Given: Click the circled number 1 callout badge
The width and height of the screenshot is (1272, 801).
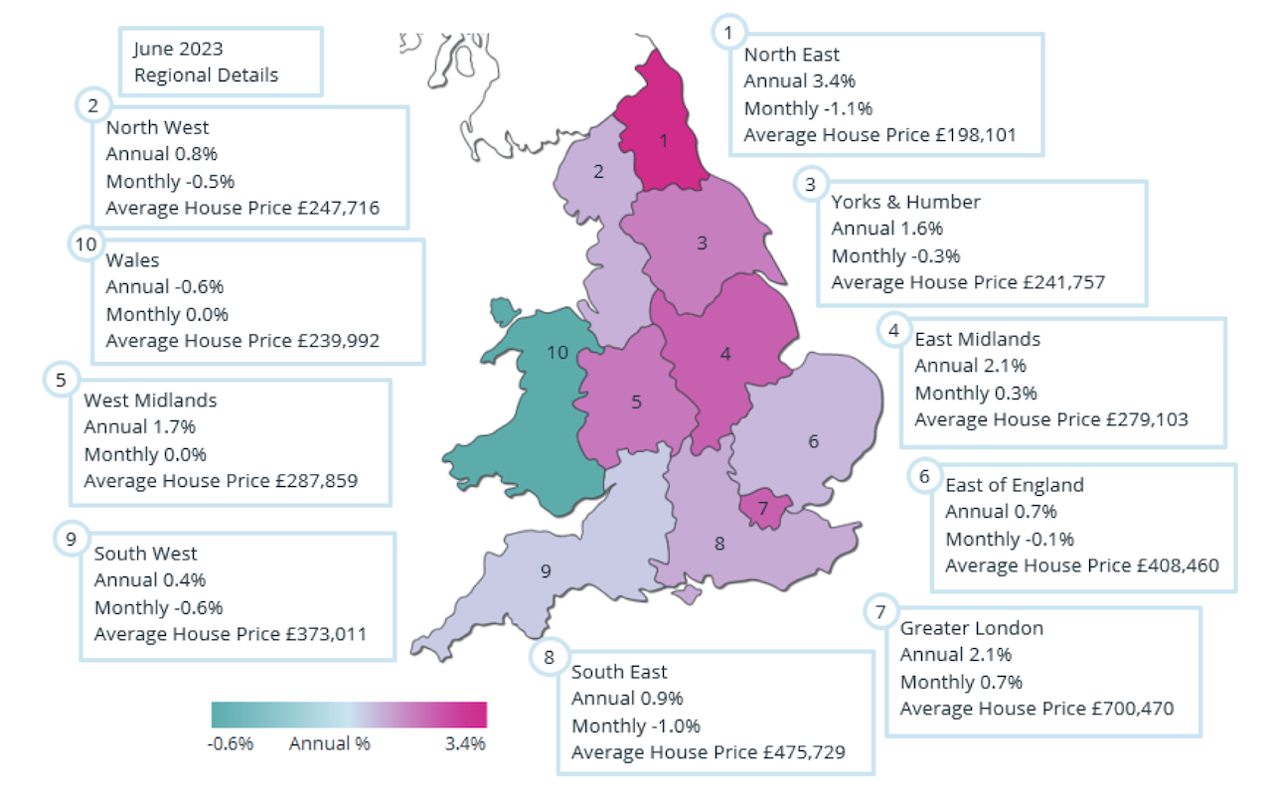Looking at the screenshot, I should click(x=728, y=33).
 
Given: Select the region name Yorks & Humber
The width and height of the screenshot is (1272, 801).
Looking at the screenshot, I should click(x=905, y=202).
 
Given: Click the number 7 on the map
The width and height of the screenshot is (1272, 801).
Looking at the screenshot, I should click(x=762, y=509).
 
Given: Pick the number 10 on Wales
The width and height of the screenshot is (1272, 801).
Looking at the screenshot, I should click(x=557, y=352).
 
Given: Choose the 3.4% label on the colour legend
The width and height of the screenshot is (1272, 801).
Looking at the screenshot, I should click(x=465, y=743).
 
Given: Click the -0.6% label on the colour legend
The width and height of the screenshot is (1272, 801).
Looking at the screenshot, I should click(x=232, y=743).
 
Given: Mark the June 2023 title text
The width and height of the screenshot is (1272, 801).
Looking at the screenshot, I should click(x=179, y=49).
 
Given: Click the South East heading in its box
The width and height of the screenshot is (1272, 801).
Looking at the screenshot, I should click(x=619, y=672).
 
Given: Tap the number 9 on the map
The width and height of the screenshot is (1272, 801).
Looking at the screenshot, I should click(x=545, y=570).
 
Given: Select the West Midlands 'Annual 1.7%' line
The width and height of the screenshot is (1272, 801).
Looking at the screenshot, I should click(x=140, y=427).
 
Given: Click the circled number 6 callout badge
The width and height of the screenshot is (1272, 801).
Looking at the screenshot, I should click(x=924, y=476).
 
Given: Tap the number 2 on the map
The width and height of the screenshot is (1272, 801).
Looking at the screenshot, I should click(x=598, y=171).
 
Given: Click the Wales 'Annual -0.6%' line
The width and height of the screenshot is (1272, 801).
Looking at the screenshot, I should click(x=165, y=287).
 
